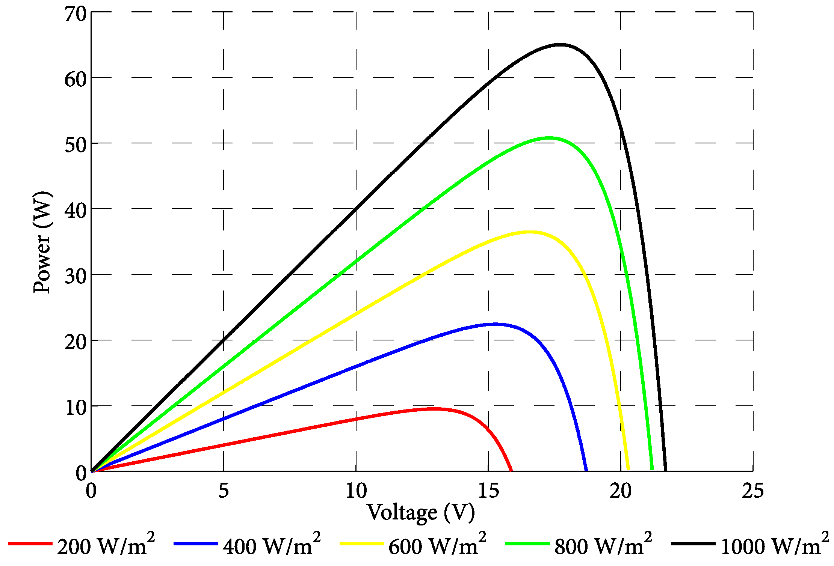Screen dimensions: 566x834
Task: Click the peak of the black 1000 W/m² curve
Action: coord(560,45)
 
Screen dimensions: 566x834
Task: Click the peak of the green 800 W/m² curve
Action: coord(549,138)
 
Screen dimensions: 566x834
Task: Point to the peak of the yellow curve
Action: coord(529,232)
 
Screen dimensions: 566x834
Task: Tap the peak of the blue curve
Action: coord(494,324)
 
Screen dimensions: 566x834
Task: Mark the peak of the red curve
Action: coord(434,408)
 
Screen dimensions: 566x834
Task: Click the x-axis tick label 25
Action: coord(752,491)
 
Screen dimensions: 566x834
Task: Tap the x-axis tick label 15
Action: coord(488,491)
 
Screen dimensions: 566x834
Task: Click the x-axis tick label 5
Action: coord(224,491)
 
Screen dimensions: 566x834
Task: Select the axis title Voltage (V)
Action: coord(421,512)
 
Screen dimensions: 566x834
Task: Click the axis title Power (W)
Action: coord(42,242)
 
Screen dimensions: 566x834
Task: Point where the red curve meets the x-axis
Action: coord(511,470)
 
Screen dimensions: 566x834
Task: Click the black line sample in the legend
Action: coord(693,543)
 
